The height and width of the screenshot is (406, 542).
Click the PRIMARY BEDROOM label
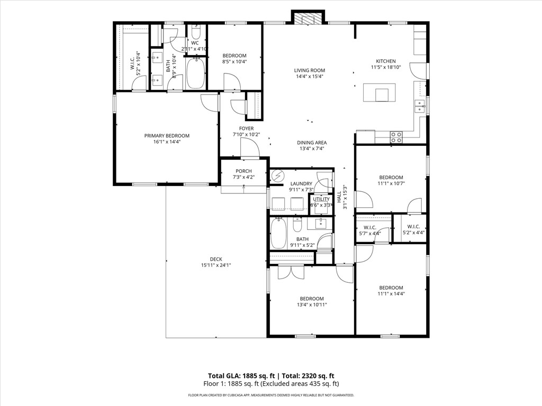point(167,136)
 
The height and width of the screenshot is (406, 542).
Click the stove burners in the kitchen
point(396,137)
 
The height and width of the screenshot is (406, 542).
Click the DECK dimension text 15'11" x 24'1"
point(216,265)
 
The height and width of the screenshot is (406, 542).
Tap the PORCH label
point(243,171)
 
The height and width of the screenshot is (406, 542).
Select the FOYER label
point(246,128)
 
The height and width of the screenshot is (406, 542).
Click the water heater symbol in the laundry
point(277,176)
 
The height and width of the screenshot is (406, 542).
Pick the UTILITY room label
point(321,199)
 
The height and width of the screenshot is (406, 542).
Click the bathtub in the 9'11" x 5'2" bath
point(278,234)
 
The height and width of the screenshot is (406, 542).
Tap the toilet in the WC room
point(195,31)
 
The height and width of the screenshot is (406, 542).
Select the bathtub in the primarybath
point(195,74)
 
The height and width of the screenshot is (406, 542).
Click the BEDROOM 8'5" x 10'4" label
point(234,56)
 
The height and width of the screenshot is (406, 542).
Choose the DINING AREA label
point(311,142)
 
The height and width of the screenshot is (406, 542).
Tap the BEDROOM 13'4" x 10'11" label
point(311,299)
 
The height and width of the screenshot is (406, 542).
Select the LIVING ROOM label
point(310,70)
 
